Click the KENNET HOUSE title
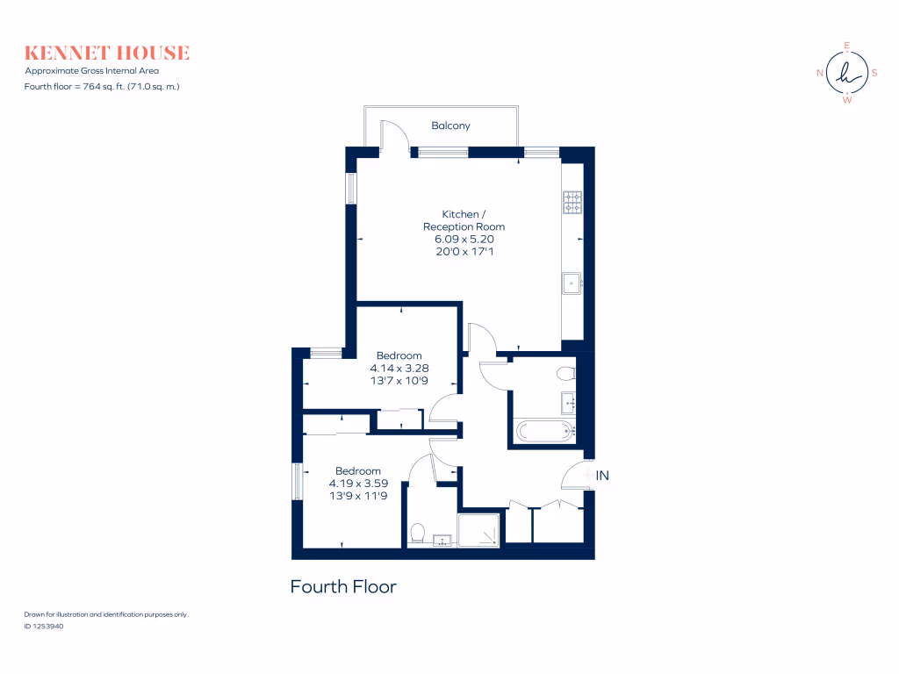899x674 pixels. [x=107, y=53]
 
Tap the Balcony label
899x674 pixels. [x=450, y=125]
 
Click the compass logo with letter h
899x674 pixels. [x=846, y=73]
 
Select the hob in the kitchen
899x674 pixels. [x=572, y=203]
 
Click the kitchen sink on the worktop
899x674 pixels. [x=572, y=282]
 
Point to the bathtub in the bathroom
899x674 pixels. [x=544, y=430]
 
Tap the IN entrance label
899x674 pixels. [x=603, y=475]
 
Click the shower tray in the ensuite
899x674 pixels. [x=479, y=529]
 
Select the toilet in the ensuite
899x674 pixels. [x=419, y=533]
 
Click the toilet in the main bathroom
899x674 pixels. [x=566, y=374]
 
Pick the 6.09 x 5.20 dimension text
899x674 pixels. [x=464, y=239]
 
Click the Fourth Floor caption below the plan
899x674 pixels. [x=343, y=586]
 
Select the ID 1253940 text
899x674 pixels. [x=45, y=627]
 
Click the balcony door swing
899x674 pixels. [x=395, y=136]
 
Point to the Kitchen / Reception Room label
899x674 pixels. [x=464, y=220]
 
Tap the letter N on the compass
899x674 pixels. [x=820, y=73]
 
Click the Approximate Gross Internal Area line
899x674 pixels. [x=92, y=70]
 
